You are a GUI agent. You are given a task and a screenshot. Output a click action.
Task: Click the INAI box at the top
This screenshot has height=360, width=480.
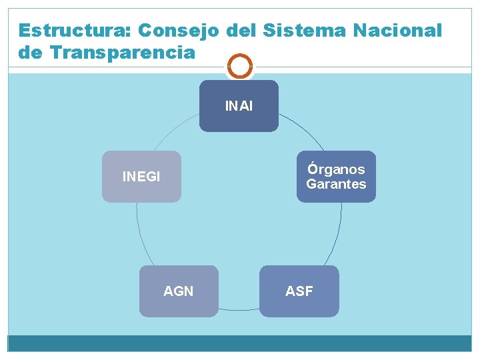coord(239,106)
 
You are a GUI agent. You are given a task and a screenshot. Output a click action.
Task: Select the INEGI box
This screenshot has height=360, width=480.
coord(141,177)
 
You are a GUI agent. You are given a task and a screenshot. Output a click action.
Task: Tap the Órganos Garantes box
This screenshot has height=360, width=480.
coord(336,177)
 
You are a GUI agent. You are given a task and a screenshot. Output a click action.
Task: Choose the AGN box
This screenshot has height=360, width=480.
coord(179,291)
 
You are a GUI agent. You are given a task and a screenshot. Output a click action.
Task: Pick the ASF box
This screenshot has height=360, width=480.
coord(299,291)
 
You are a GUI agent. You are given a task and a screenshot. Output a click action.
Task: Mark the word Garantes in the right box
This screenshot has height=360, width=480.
coord(336,184)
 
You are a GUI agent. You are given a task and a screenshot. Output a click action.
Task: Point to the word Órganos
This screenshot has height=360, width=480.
coord(336,169)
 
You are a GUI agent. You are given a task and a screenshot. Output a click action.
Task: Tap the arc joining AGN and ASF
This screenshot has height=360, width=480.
coord(239,309)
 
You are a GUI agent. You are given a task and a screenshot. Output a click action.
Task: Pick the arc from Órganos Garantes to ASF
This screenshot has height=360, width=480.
coord(337,233)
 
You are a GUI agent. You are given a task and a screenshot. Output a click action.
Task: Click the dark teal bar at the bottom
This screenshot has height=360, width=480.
coord(240,343)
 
